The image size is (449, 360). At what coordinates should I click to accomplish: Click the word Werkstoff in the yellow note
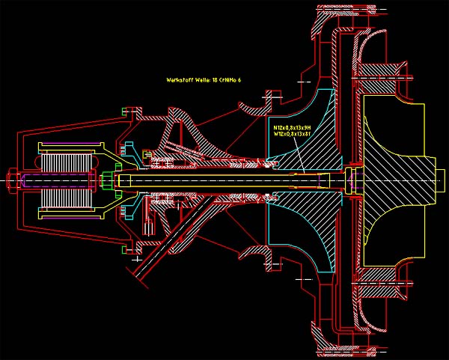(x=180, y=79)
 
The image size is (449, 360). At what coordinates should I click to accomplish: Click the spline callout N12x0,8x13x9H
(x=292, y=128)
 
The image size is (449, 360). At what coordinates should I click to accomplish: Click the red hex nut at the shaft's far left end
(x=13, y=180)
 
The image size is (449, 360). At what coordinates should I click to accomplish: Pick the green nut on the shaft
(x=106, y=180)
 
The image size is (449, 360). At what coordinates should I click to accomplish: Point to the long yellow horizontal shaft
(x=224, y=180)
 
